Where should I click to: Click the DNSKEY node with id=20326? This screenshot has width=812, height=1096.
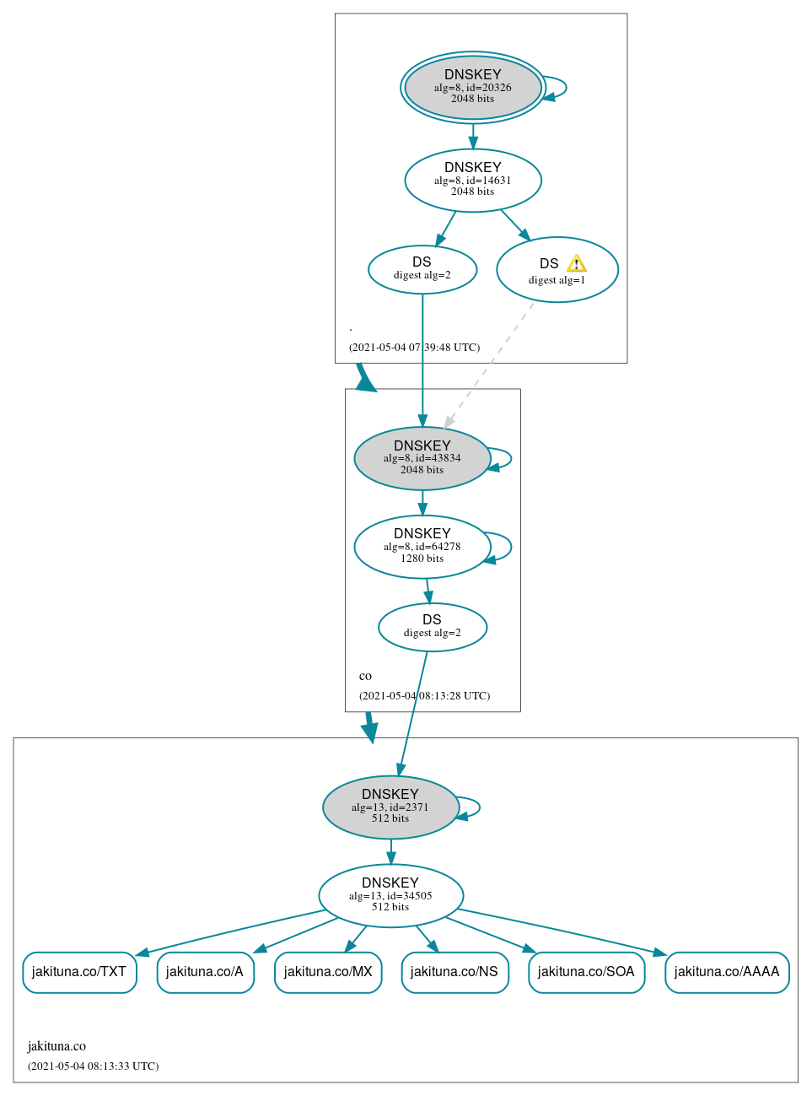(x=472, y=88)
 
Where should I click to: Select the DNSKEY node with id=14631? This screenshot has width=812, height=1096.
(x=472, y=181)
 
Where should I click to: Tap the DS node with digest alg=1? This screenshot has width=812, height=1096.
(x=557, y=270)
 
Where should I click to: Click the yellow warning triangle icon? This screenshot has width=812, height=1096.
(x=577, y=263)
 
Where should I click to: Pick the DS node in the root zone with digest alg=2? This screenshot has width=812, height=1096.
(x=422, y=269)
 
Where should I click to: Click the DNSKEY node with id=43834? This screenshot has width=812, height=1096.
(x=422, y=458)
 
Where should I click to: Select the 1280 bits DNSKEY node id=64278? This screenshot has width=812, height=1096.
(x=422, y=547)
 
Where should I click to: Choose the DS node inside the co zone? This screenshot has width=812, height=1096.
(x=432, y=627)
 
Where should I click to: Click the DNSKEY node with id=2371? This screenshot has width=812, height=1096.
(x=390, y=807)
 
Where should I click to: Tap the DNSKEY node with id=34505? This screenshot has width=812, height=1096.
(x=390, y=895)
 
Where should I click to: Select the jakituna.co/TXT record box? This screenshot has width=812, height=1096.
(x=79, y=972)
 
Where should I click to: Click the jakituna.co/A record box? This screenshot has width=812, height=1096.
(x=205, y=972)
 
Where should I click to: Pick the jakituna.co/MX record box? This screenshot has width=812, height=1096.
(x=328, y=972)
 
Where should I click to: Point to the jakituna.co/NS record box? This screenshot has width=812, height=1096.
(x=454, y=972)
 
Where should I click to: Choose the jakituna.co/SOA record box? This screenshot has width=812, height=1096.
(x=586, y=972)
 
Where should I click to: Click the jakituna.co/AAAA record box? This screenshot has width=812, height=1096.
(x=727, y=972)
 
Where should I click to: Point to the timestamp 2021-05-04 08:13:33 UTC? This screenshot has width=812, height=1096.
(x=93, y=1066)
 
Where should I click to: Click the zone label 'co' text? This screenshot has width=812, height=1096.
(x=365, y=676)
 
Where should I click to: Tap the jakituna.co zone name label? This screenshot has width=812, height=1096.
(x=56, y=1046)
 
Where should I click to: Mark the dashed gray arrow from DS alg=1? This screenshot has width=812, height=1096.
(x=489, y=364)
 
